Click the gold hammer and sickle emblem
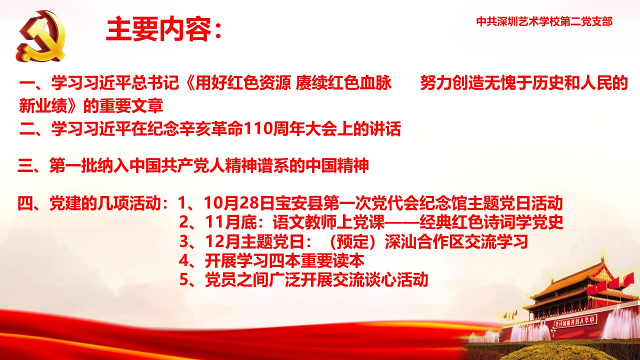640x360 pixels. pos(41,36)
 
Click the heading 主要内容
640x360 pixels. pos(158,29)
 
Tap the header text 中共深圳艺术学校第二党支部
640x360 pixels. pos(544,21)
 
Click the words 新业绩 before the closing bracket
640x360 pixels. pos(43,105)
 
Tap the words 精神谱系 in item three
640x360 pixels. pos(257,165)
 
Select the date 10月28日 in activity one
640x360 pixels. pos(239,203)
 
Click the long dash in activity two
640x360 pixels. pos(402,222)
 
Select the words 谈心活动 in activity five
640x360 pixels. pos(395,279)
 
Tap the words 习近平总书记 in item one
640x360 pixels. pos(131,83)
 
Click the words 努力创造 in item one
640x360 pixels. pos(452,83)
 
